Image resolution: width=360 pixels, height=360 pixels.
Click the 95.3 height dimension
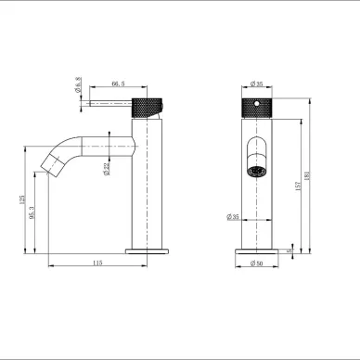point(34,213)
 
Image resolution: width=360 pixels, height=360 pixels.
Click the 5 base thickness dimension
point(289,250)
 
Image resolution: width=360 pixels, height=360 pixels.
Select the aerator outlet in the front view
point(256,170)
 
